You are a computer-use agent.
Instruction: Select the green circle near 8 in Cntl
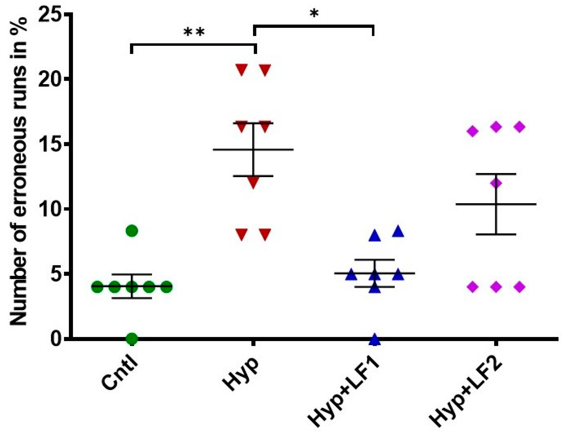point(132,231)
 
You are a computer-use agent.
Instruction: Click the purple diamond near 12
point(496,183)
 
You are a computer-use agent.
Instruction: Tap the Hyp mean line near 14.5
point(277,149)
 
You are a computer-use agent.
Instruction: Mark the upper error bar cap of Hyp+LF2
point(496,174)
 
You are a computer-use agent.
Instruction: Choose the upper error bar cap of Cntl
point(132,274)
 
